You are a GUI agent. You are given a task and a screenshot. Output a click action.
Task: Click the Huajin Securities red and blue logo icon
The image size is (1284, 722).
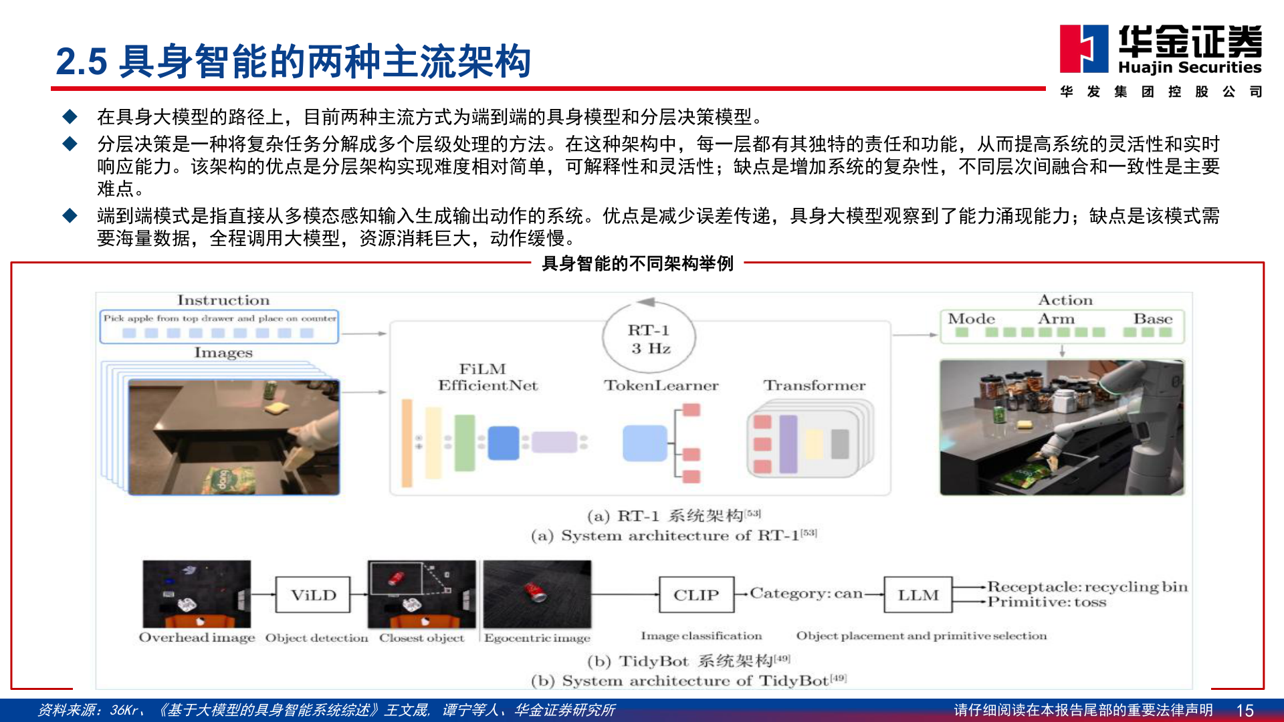[x=1083, y=48]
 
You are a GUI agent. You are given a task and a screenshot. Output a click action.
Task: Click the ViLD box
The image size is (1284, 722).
[x=313, y=595]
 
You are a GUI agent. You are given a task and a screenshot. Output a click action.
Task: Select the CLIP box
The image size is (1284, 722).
[x=696, y=595]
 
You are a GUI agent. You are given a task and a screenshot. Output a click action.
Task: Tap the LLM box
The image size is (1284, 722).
[x=918, y=595]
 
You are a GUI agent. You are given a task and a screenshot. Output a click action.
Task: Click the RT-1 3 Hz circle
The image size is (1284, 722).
[x=649, y=339]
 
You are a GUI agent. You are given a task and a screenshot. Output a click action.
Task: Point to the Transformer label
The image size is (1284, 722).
[x=814, y=386]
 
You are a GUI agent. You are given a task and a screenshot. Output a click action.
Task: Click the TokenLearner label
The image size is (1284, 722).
[x=661, y=386]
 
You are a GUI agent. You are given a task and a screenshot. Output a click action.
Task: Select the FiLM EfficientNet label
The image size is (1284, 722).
[x=488, y=377]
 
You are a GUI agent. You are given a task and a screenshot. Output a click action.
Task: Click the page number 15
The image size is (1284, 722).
[x=1245, y=710]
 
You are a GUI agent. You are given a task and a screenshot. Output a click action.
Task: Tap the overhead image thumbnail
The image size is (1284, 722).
[x=197, y=594]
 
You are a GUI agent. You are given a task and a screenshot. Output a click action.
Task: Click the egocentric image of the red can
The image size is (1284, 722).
[x=537, y=594]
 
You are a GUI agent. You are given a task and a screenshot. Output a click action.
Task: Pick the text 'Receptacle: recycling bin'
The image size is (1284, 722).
[x=1087, y=587]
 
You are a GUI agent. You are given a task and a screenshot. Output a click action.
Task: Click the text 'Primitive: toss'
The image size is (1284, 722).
[x=1047, y=602]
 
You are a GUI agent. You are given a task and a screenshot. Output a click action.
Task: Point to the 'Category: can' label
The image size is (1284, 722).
[x=806, y=594]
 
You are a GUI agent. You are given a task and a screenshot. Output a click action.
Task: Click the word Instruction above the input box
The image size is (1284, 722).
[x=223, y=300]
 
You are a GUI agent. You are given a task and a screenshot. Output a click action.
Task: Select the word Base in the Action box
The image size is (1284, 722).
[x=1152, y=319]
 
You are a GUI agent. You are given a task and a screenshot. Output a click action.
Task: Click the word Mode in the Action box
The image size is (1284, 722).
[x=971, y=319]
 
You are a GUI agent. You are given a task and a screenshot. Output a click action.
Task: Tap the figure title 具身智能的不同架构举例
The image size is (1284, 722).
[x=637, y=264]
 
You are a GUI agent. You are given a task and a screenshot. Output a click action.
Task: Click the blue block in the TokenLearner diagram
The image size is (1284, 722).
[x=645, y=443]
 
